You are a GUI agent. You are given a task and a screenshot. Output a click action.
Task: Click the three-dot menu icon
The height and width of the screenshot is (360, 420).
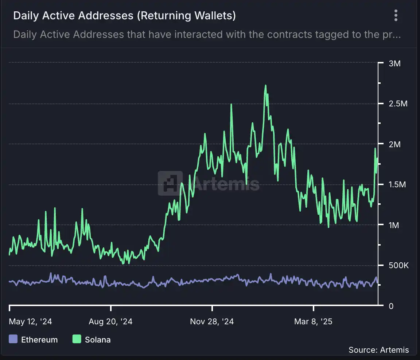coord(396,16)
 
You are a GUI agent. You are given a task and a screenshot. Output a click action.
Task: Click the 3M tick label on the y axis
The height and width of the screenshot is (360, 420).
coord(395,64)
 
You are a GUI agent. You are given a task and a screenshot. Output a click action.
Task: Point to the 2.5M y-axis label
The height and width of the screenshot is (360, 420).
coord(397,104)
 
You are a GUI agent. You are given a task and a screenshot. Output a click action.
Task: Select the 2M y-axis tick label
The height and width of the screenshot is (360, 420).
coord(395,144)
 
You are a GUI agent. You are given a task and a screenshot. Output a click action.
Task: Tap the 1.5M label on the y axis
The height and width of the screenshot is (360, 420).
coord(397,185)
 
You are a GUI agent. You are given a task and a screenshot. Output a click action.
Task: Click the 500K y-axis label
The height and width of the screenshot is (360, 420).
coord(399,265)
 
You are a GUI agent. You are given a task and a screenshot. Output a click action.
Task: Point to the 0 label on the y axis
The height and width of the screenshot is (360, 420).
coord(391,306)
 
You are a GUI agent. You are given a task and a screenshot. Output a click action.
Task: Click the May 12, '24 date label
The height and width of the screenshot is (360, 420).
coord(30,321)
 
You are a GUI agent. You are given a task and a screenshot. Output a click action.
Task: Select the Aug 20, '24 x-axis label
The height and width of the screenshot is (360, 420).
coord(110,321)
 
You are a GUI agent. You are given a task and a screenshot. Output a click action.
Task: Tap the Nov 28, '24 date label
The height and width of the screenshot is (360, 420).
coord(212,321)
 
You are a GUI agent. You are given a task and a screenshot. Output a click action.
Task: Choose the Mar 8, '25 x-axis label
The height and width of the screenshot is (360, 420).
coord(313,321)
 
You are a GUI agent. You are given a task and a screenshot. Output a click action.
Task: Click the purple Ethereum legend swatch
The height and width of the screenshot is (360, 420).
coord(13,339)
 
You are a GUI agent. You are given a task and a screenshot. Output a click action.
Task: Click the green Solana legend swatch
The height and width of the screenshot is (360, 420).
coord(77,339)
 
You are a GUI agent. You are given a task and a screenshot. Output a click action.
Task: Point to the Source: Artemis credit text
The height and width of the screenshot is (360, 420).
coord(378,350)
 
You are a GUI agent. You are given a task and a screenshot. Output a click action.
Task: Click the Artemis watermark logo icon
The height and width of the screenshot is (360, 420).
coord(170,183)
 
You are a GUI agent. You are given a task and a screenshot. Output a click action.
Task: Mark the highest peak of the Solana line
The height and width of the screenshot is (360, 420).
coord(265,86)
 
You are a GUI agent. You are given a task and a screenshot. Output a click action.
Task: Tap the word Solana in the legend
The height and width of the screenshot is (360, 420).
coord(98,340)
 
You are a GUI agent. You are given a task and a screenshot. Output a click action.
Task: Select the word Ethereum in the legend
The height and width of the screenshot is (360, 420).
coord(39,340)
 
